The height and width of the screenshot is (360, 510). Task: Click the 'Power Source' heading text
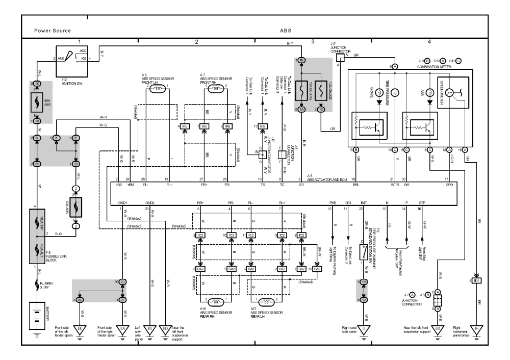tap(53, 31)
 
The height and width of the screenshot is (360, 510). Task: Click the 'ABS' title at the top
tap(286, 31)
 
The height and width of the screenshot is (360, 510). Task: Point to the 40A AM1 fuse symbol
tap(37, 102)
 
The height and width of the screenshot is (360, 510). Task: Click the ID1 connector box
tap(476, 280)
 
